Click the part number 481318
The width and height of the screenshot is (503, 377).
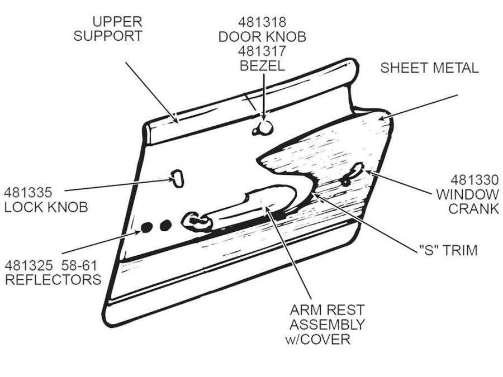pos(262,23)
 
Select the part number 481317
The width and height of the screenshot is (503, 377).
pos(262,51)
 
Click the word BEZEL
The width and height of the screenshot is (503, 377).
pos(262,65)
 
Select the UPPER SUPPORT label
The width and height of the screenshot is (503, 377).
pos(108,30)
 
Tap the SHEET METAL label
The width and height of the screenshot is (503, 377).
pos(429,68)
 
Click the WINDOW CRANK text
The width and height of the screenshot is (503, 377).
pos(467,202)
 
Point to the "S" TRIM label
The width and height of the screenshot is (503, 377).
pos(448,250)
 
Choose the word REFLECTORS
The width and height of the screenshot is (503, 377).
pos(53,279)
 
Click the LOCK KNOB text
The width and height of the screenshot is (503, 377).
pos(46,207)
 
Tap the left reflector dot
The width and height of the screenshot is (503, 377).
pos(146,227)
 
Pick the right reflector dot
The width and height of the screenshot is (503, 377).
pos(165,226)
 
